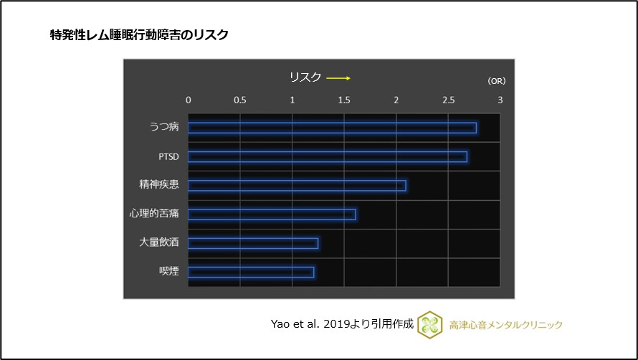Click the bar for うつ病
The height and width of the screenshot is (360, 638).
point(332,128)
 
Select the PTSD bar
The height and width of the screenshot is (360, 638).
point(328,156)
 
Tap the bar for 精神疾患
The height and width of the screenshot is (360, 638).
point(297,186)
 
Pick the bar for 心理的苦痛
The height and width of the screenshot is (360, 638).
point(272,214)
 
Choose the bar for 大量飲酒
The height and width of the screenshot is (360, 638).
point(253,243)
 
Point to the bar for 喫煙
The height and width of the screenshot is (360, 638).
point(251,272)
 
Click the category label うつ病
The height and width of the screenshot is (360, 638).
point(163,128)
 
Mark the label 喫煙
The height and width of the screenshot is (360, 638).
point(168,272)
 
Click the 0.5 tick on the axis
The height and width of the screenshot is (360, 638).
point(240,100)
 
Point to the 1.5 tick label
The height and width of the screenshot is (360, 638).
point(344,100)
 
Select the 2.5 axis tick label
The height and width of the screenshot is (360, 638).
point(448,100)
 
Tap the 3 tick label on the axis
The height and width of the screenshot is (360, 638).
point(500,100)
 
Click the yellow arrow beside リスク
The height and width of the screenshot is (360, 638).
point(338,77)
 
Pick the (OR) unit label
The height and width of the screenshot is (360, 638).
point(496,81)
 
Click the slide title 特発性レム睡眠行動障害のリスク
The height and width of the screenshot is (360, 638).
point(139,34)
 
